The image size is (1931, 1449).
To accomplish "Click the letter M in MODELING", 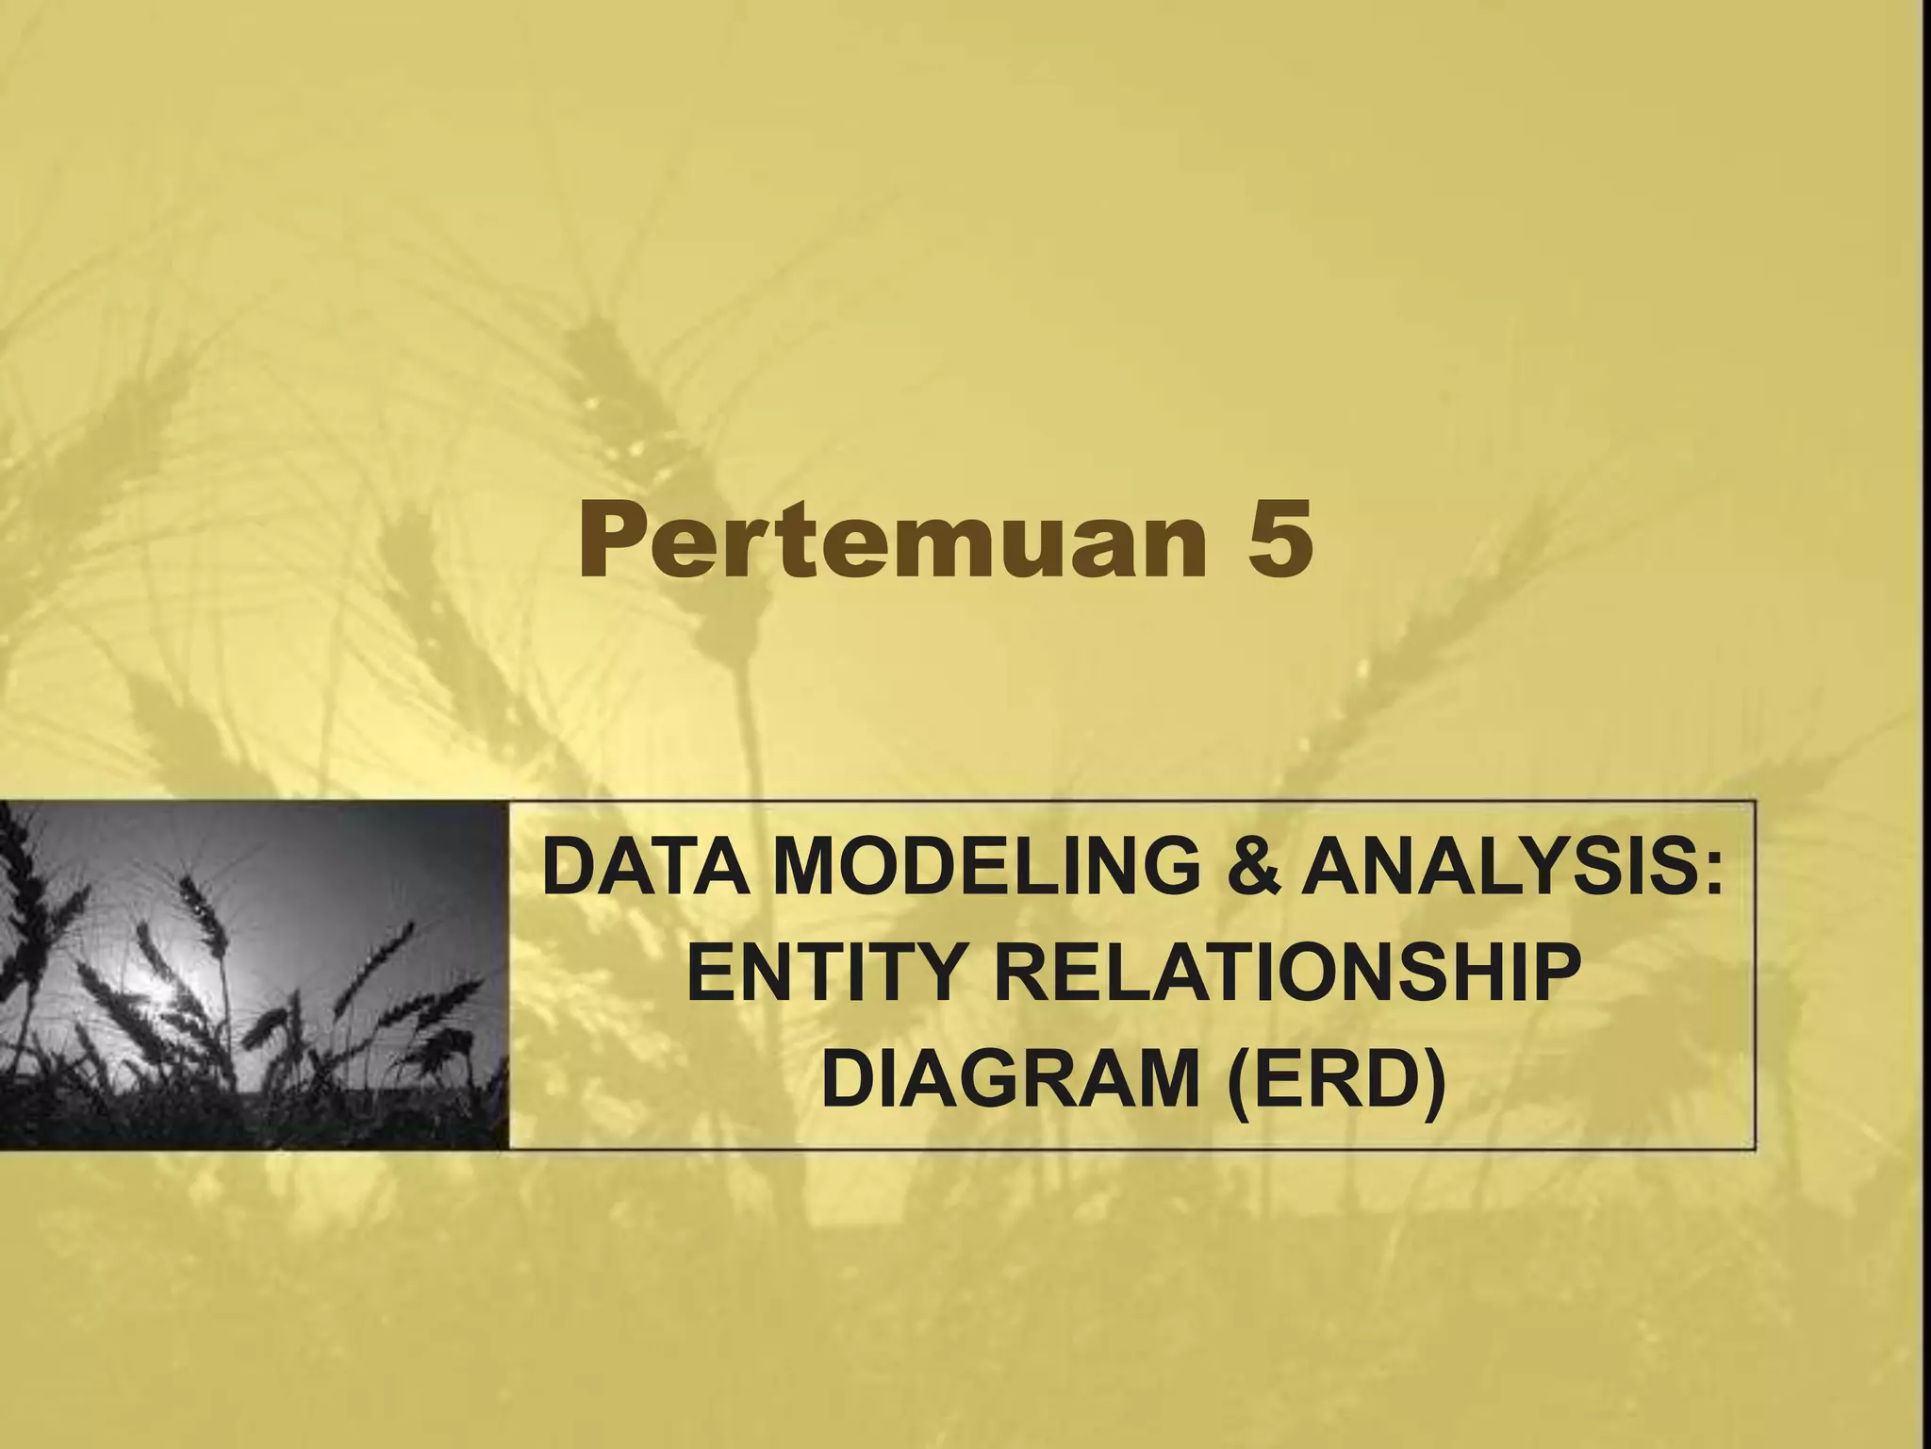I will click(811, 870).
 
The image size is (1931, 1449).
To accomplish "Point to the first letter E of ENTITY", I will click(710, 974).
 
